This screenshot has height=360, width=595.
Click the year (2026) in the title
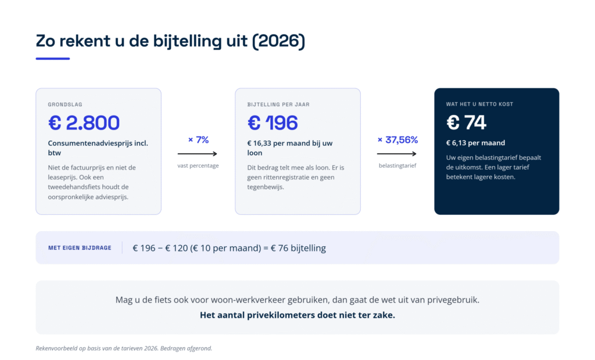tap(278, 41)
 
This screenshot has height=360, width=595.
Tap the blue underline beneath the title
tap(53, 59)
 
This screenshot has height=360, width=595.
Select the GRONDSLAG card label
tap(65, 105)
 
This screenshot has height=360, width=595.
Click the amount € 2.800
tap(84, 123)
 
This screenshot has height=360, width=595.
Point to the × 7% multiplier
tap(199, 140)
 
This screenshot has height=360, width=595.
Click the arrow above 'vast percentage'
tap(198, 154)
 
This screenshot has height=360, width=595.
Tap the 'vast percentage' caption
tap(198, 166)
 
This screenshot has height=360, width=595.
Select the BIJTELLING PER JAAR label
tap(278, 105)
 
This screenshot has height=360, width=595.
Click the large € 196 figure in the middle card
tap(273, 123)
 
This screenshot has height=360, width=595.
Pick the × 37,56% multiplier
tap(397, 140)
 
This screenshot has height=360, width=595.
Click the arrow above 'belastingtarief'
tap(396, 154)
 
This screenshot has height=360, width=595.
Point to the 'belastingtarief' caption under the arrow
tap(397, 166)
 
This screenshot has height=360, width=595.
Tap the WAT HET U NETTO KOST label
tap(479, 104)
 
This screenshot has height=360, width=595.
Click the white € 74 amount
tap(466, 123)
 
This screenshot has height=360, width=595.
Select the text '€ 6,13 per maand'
tap(475, 143)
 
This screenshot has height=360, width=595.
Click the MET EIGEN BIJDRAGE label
tap(80, 248)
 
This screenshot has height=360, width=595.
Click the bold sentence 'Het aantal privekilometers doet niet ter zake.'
tap(297, 315)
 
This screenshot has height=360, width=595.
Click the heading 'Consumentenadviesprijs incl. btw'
tap(98, 148)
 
